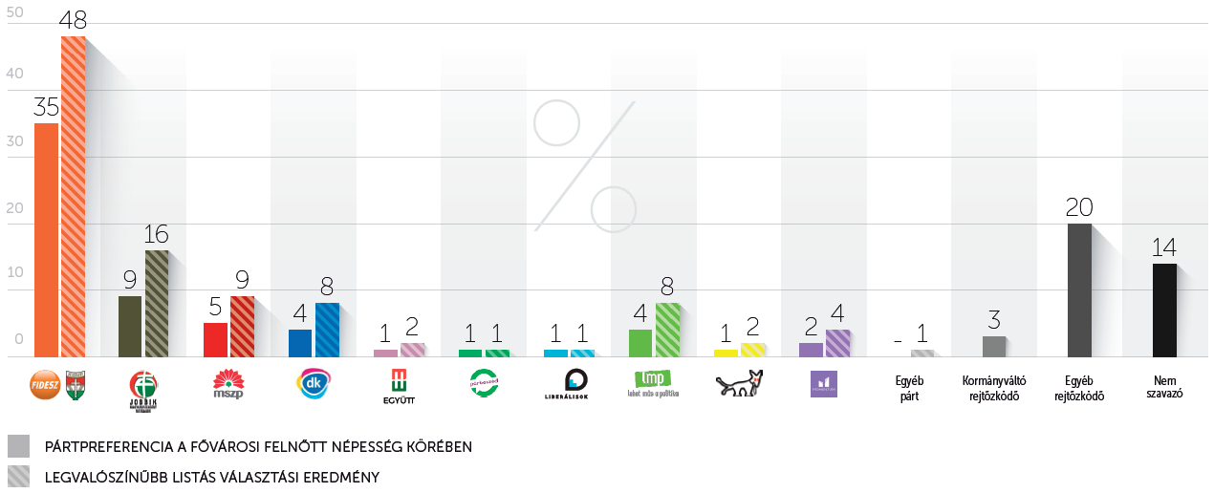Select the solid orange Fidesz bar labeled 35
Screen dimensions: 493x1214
46,240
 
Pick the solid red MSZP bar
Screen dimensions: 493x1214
216,339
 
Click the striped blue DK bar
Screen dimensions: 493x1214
327,330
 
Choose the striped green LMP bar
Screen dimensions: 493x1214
667,330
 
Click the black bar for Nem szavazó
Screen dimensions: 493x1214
1164,310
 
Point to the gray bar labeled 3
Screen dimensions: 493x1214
994,346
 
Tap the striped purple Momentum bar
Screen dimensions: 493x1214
837,343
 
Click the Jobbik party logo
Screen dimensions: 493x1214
143,388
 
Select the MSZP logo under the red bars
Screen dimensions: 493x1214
228,383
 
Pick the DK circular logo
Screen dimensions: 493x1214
314,383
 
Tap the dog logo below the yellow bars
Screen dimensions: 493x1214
739,383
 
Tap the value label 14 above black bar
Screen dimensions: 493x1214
1163,246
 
